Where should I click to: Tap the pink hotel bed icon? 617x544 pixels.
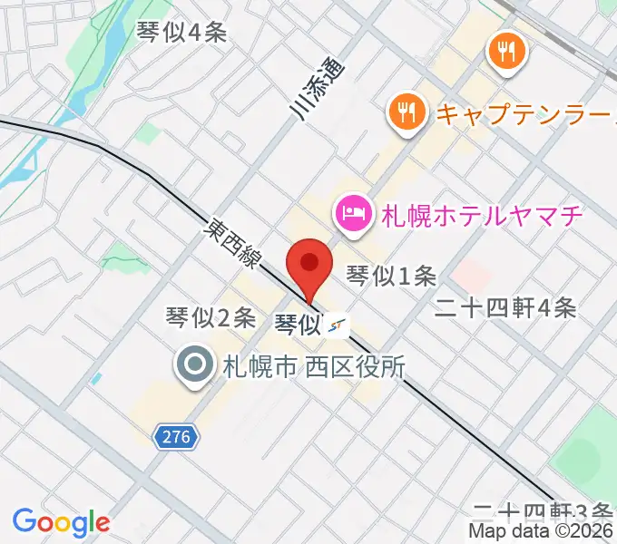coord(352,215)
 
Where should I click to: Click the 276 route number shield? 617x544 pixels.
coord(177,437)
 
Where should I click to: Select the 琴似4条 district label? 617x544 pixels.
coord(181,33)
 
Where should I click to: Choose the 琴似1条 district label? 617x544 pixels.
coord(393,275)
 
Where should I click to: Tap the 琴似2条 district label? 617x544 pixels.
coord(211,317)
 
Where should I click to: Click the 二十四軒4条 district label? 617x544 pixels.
coord(504,308)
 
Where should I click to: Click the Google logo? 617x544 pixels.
coord(61,522)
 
